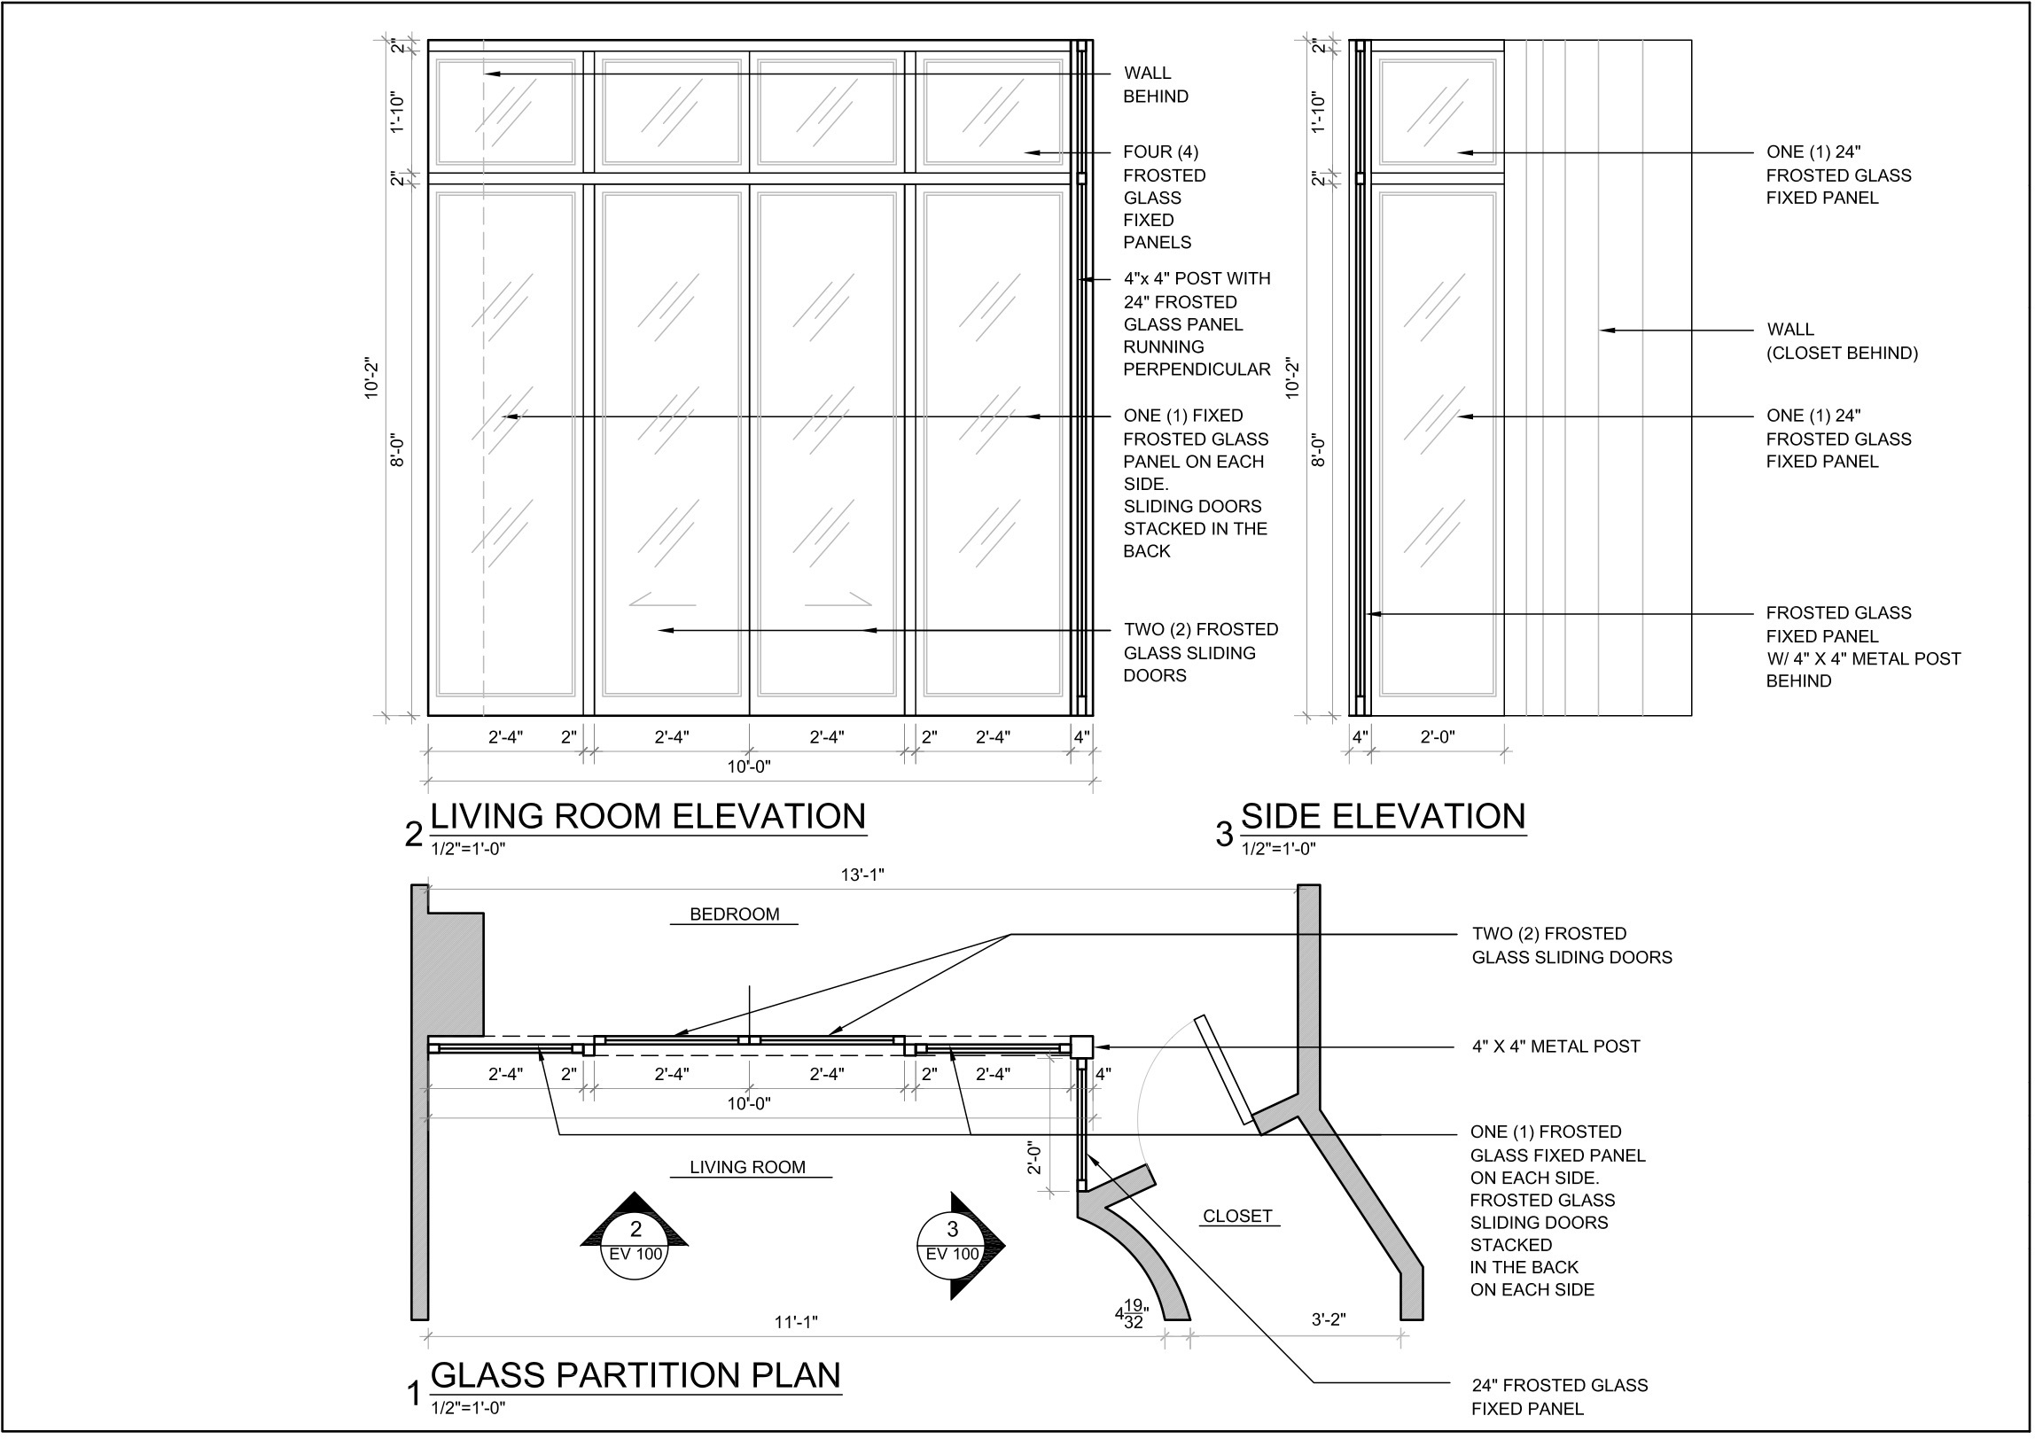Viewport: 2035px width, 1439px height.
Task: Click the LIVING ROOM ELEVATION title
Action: point(647,816)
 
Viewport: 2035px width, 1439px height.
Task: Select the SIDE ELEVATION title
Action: point(1383,816)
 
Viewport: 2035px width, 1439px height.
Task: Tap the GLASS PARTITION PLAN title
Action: point(635,1375)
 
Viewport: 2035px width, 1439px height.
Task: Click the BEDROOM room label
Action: point(734,914)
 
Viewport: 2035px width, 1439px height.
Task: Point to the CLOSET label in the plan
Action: point(1237,1217)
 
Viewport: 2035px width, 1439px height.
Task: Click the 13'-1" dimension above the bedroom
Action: point(862,875)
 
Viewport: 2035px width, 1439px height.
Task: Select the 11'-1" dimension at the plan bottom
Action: point(795,1323)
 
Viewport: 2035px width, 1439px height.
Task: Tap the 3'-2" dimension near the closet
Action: point(1328,1319)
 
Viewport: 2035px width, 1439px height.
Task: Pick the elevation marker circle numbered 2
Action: point(635,1240)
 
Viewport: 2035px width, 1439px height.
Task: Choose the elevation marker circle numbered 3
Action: point(952,1240)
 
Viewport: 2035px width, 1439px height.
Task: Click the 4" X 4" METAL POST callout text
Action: point(1555,1046)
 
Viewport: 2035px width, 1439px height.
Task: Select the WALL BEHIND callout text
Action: point(1155,85)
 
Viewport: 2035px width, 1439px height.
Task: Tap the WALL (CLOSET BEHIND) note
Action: point(1841,341)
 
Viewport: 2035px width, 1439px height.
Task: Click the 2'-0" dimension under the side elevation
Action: point(1437,737)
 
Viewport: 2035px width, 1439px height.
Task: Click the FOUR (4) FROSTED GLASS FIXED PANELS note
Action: point(1164,197)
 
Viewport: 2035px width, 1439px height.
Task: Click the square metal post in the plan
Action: point(1081,1046)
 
